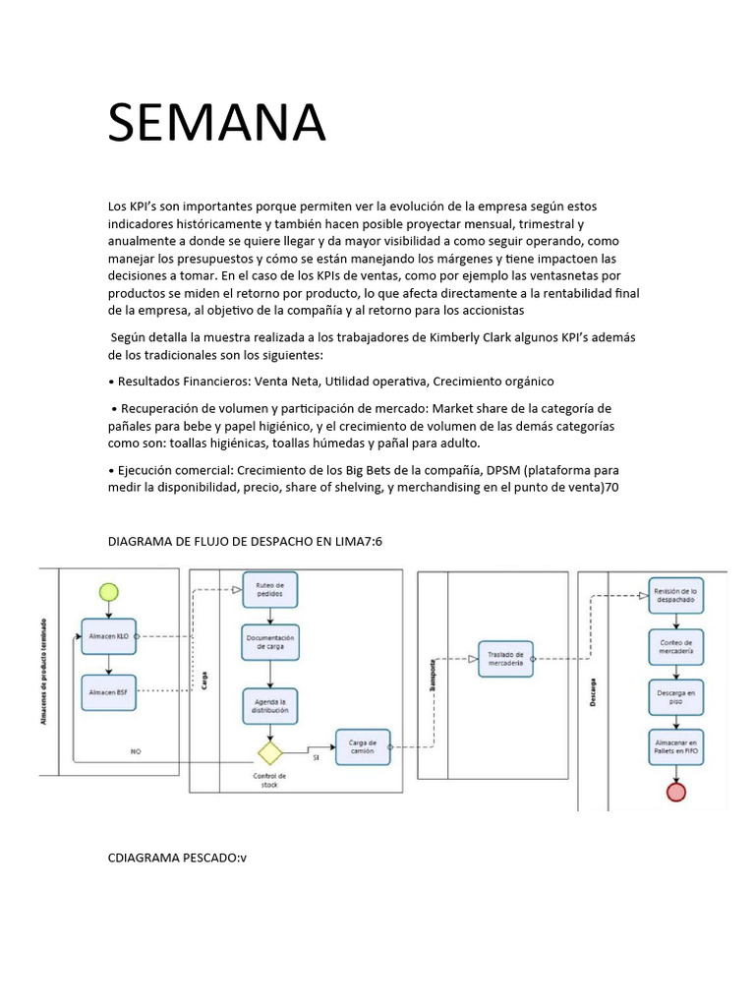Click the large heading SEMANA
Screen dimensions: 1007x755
click(x=216, y=123)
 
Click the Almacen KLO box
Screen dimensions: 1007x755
click(x=108, y=636)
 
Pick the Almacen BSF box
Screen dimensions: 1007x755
click(x=108, y=692)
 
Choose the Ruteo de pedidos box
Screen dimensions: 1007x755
click(x=269, y=589)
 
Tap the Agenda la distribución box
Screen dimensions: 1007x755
click(x=269, y=704)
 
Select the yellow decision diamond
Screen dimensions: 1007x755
click(x=269, y=753)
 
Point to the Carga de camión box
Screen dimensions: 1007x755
click(x=363, y=745)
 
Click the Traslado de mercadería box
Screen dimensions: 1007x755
click(x=505, y=659)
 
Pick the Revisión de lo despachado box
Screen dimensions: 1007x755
click(x=675, y=595)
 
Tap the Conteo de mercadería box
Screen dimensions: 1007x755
click(x=675, y=646)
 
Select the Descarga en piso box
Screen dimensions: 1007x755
click(x=675, y=696)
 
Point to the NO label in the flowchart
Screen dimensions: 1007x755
click(x=136, y=751)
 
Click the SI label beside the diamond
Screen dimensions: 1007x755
click(x=316, y=758)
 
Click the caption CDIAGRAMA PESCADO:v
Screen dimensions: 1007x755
click(x=177, y=857)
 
